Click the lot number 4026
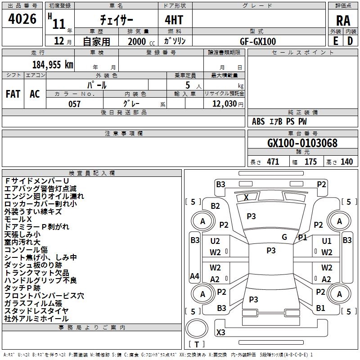coord(22,19)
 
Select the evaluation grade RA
coord(343,20)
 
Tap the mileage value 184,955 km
coord(53,65)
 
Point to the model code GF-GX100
coord(258,41)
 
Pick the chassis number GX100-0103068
coord(302,144)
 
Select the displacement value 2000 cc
coord(139,41)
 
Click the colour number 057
coord(74,103)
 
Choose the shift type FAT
coord(13,94)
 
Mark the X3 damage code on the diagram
coord(221,333)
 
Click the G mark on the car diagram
coord(284,237)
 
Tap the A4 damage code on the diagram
coord(194,276)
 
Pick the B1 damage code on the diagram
coord(320,308)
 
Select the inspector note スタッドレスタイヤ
coord(36,311)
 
